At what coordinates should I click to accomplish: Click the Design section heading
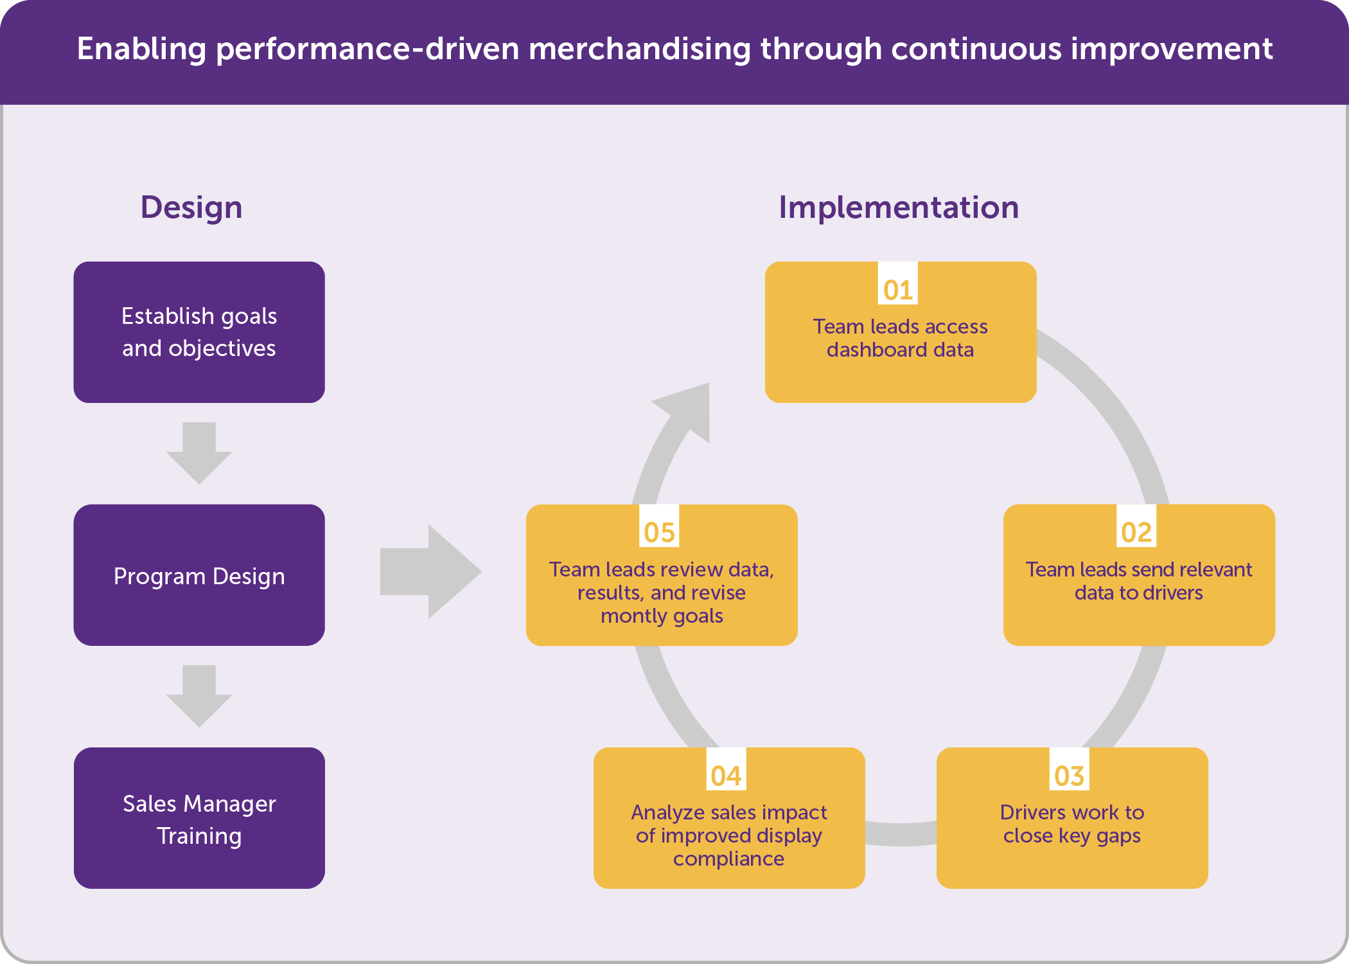[191, 208]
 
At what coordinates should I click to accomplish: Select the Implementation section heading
[898, 208]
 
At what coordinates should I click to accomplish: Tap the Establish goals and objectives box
[199, 332]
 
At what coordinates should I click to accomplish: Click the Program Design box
[199, 575]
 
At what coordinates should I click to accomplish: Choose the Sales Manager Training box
[199, 818]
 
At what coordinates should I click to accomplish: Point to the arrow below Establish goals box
[199, 453]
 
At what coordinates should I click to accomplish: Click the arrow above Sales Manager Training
[199, 696]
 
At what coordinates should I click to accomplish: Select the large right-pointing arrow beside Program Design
[430, 571]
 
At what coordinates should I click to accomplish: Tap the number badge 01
[898, 290]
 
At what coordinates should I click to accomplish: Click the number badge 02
[1136, 532]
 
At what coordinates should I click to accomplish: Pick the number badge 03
[1069, 776]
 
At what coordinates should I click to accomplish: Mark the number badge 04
[726, 776]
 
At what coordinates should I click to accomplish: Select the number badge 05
[659, 532]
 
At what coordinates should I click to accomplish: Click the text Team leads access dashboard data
[901, 338]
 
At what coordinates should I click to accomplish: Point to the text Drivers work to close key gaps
[1072, 824]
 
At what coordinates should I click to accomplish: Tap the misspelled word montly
[625, 616]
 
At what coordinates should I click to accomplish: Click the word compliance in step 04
[728, 859]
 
